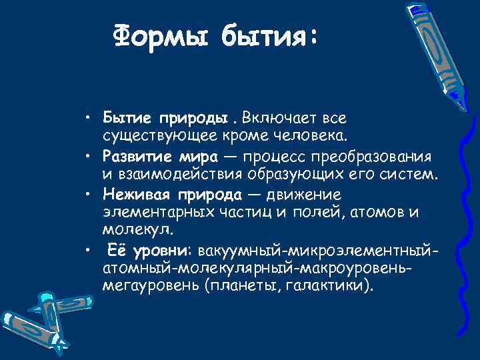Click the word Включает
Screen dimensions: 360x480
pos(273,119)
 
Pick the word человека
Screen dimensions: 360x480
pos(311,136)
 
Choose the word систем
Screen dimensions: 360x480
pos(413,175)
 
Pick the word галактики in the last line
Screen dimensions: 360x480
pos(333,286)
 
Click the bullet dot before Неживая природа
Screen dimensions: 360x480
pos(88,195)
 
